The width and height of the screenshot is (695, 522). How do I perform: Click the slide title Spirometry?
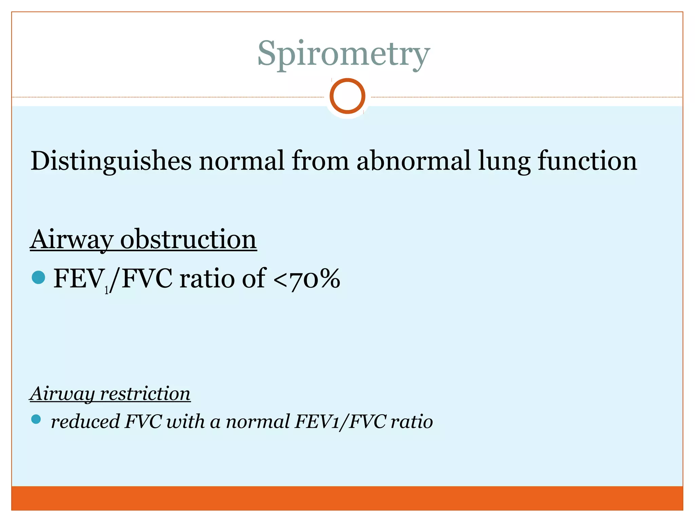coord(343,54)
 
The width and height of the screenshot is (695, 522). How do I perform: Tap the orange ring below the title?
coord(347,96)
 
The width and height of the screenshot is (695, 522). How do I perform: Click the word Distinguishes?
coord(111,161)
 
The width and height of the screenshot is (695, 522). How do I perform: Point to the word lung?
coord(504,161)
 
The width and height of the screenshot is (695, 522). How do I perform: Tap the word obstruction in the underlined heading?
coord(188,239)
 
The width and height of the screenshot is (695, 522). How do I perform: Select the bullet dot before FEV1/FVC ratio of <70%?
coord(38,277)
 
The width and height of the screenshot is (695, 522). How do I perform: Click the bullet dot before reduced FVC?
coord(36,419)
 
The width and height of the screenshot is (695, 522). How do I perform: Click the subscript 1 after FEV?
coord(107,290)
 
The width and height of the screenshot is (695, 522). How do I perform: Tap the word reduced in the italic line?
coord(85,421)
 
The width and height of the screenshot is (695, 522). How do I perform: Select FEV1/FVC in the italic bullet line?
coord(340,421)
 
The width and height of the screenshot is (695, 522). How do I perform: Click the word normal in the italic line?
coord(258,421)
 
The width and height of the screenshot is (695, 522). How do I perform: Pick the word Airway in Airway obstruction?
coord(72,240)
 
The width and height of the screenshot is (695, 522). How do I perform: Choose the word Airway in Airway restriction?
coord(62,394)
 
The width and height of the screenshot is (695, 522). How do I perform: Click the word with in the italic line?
coord(185,421)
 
